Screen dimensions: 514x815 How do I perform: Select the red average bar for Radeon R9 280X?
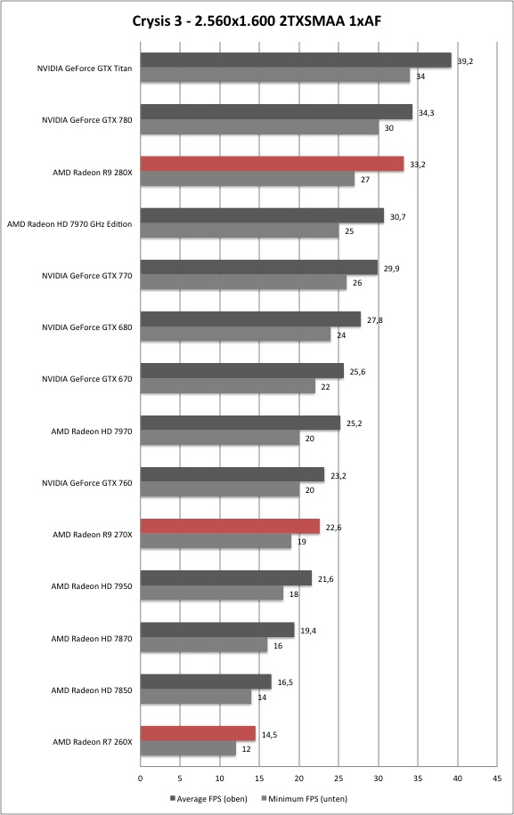272,164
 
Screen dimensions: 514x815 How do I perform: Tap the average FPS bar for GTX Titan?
296,61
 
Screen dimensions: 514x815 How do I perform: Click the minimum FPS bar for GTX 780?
259,127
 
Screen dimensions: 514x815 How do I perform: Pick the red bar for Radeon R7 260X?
199,733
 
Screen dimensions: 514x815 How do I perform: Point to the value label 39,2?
465,61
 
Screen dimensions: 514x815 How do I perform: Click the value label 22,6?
333,528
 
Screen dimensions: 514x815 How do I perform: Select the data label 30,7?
397,217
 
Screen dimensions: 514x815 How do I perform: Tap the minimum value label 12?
246,749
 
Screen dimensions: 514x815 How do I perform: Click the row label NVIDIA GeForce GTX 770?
87,276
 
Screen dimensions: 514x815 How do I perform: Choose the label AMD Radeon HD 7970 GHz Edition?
69,224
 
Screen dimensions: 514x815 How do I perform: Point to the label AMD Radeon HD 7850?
92,690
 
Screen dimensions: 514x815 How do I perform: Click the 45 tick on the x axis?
497,779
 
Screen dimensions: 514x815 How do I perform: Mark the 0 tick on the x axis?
141,779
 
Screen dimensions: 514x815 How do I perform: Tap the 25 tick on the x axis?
339,779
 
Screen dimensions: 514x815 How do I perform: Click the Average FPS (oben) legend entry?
208,798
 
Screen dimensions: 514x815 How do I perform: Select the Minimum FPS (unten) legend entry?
304,798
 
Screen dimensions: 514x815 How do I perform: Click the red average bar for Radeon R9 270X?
230,526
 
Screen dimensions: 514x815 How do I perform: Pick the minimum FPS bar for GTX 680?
236,335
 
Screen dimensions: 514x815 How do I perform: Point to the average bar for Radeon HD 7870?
217,630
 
